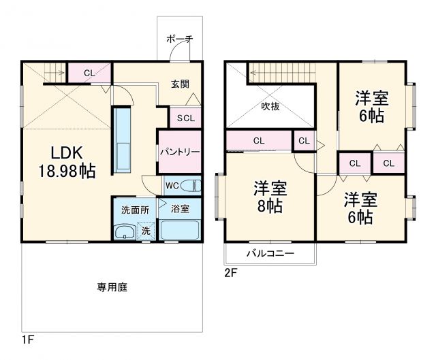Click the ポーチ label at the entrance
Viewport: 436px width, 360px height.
pos(179,39)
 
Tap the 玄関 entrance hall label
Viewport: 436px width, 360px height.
pos(180,84)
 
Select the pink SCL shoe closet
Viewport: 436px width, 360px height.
pos(185,118)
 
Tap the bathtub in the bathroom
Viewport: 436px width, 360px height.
pos(180,231)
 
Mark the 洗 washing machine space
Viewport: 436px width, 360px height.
pos(146,231)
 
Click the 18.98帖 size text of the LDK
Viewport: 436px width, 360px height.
pos(57,171)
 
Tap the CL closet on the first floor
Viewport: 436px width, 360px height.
pos(89,72)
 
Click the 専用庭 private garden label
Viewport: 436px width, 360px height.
pos(112,287)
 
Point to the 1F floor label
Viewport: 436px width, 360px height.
pos(27,338)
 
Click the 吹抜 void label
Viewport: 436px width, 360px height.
pos(270,106)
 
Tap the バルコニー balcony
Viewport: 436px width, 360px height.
pos(270,253)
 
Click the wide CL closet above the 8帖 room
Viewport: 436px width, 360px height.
pos(258,141)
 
